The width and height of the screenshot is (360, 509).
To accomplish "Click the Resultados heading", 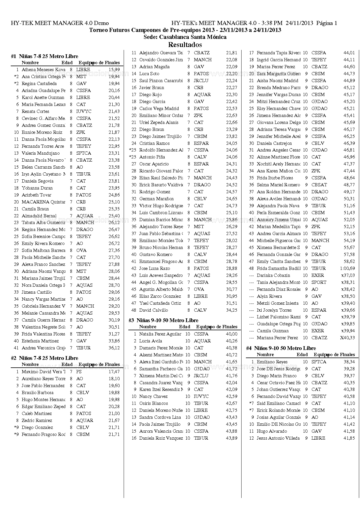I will [x=185, y=45].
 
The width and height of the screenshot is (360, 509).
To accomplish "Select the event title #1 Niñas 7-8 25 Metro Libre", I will [x=44, y=56].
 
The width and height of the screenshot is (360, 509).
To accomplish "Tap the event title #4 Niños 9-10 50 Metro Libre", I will [x=281, y=348].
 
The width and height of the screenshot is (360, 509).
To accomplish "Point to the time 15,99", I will [x=114, y=70].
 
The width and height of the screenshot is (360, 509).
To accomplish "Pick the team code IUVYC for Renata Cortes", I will [x=84, y=111].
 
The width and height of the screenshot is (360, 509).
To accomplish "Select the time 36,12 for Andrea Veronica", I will [x=114, y=348].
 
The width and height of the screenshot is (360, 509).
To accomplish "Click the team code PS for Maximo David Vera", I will [x=79, y=372].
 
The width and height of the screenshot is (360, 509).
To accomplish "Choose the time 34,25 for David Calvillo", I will [x=232, y=310].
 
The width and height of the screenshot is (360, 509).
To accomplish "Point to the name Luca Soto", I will [x=149, y=74].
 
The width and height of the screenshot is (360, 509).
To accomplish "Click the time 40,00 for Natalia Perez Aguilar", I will [x=231, y=334].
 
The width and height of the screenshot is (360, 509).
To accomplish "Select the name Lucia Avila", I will [x=150, y=341].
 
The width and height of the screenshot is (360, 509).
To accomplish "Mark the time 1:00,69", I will [x=348, y=268].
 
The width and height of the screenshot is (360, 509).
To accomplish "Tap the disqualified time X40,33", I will [x=348, y=338].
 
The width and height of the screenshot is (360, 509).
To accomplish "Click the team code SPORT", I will [x=319, y=282].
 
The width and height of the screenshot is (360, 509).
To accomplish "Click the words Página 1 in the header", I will [x=327, y=23].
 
